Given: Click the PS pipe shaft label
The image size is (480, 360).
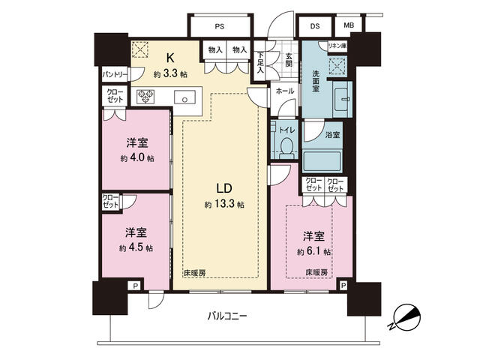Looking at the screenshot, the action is point(220,26).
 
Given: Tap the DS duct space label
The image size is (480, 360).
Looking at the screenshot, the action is point(315,26).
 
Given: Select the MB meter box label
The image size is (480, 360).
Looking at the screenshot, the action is point(349,25).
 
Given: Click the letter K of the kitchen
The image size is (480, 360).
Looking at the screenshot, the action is point(170,57).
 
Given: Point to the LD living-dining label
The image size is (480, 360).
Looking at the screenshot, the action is point(224,188).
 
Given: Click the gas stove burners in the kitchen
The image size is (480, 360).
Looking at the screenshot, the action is point(145,97).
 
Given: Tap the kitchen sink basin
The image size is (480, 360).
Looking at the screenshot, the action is point(185,97).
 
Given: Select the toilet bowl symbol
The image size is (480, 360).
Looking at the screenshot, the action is point(286,148).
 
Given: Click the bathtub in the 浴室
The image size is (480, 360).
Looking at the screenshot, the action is point(322,161).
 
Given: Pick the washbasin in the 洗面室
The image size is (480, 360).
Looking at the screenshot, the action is point(342,100).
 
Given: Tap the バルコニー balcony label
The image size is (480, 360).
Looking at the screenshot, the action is point(226,316).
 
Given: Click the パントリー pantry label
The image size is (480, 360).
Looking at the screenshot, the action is point(114,74).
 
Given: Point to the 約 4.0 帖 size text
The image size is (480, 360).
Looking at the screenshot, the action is point(137,158).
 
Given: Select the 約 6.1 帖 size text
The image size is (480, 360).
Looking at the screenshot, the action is point(313,252).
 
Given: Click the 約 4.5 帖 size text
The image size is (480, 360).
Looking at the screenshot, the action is point(136,247).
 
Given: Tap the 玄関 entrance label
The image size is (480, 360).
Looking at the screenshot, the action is point(289,59).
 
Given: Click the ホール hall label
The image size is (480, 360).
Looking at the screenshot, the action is point(285,91).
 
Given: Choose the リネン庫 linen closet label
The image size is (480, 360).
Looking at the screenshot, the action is point(337,46).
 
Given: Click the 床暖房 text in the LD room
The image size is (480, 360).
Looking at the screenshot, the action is point(194,273).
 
